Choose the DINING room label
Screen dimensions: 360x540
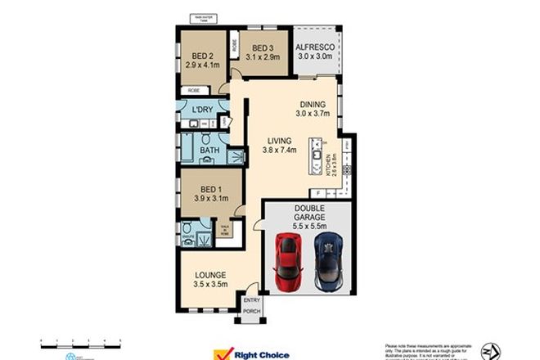(x=313, y=105)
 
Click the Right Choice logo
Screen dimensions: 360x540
(x=245, y=353)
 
